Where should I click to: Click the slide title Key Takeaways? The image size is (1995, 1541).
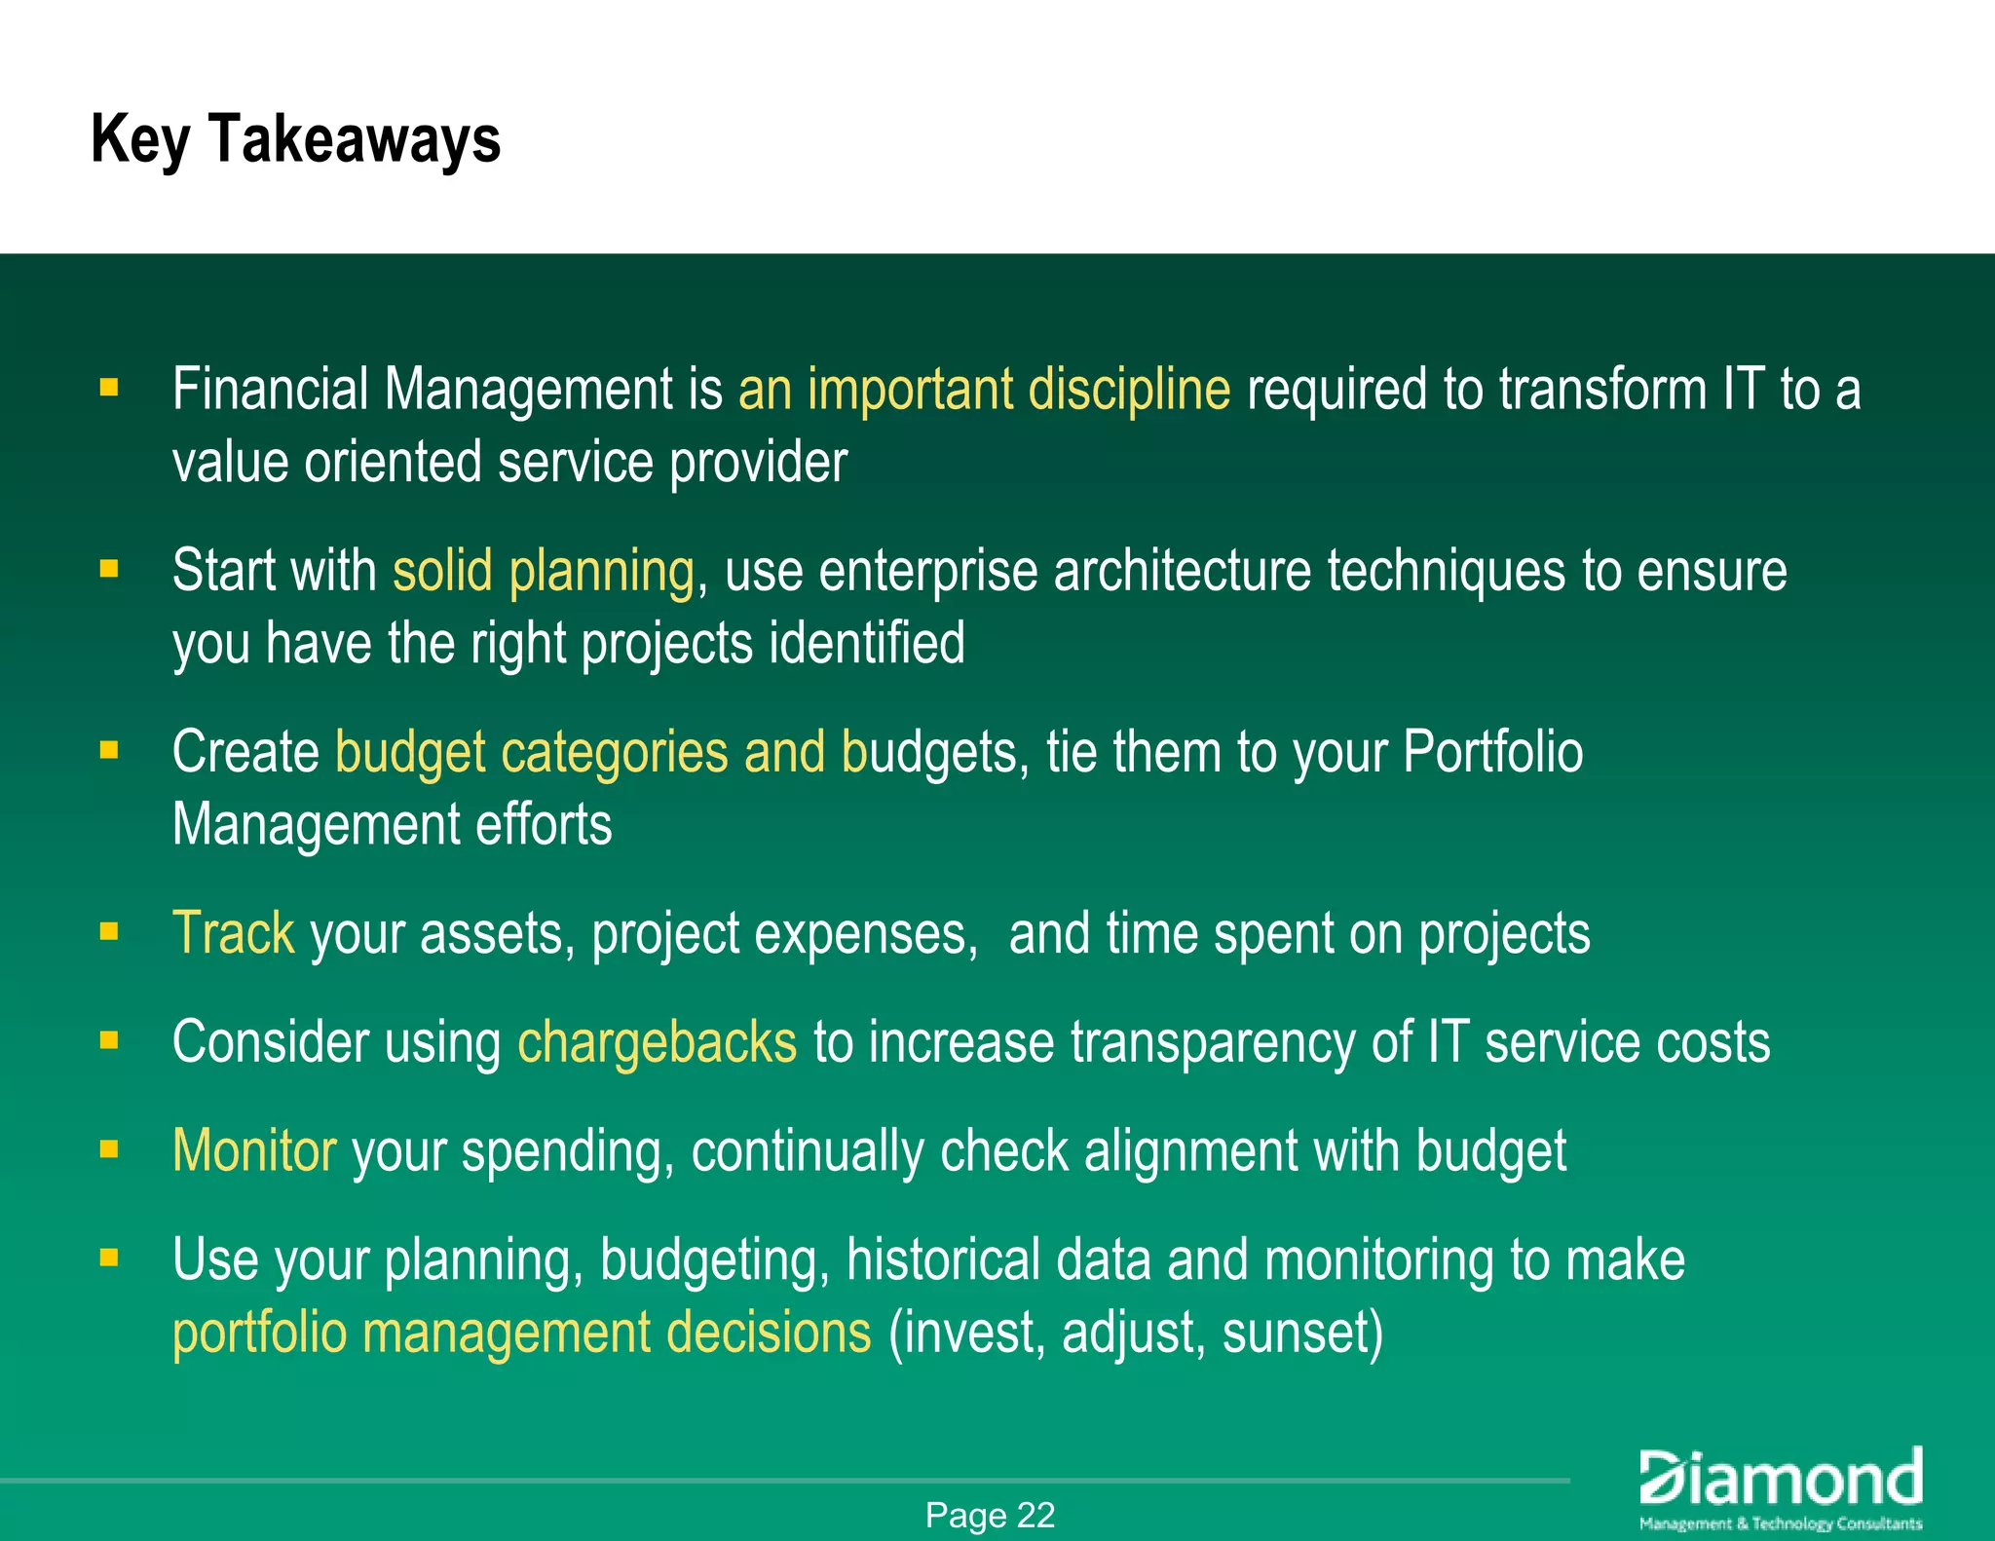(295, 139)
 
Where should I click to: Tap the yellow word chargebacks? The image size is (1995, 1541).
(657, 1042)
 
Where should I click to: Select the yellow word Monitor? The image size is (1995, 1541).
(254, 1150)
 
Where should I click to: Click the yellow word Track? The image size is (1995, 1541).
(233, 933)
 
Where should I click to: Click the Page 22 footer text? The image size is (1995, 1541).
(990, 1516)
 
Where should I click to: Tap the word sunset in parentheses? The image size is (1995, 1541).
(1301, 1333)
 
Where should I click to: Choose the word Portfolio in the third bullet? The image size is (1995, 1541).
(1492, 752)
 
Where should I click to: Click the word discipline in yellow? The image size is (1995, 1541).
(1129, 390)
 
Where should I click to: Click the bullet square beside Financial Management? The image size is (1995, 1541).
(109, 389)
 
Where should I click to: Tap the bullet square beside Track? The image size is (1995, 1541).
(109, 932)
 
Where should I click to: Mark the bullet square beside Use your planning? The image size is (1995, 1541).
(109, 1258)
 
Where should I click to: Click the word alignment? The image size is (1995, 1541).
(1190, 1150)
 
